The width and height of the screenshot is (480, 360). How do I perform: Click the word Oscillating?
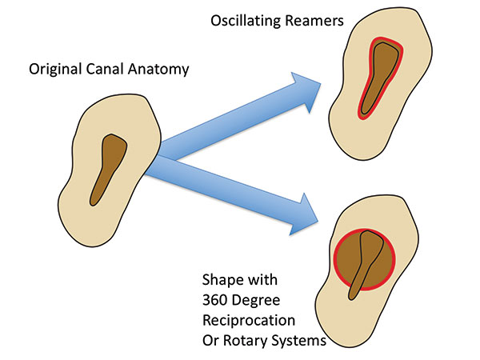click(x=246, y=22)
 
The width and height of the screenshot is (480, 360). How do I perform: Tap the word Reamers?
click(x=314, y=21)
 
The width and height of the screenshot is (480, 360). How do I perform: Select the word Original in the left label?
click(x=55, y=70)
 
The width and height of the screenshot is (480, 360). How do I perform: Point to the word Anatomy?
click(x=158, y=70)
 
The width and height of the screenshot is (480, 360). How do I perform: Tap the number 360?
click(x=215, y=300)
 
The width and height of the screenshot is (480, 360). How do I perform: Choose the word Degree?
click(x=256, y=301)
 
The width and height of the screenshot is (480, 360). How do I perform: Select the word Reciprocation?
click(x=249, y=321)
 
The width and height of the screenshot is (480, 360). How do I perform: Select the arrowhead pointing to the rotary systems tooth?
click(x=305, y=216)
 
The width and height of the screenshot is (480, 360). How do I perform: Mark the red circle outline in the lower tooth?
click(x=334, y=259)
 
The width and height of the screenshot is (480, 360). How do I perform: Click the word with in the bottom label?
click(x=262, y=280)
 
